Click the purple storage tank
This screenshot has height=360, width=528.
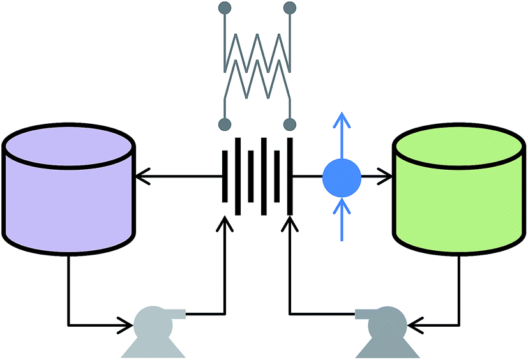point(69,191)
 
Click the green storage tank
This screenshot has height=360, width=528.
point(458,191)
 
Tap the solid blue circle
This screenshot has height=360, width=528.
point(342,174)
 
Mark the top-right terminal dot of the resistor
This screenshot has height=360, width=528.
point(289,8)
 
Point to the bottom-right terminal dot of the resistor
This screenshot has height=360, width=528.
point(289,123)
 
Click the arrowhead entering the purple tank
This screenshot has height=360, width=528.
point(142,174)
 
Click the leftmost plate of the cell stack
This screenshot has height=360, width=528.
point(225,175)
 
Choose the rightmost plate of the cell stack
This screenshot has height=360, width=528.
point(290,175)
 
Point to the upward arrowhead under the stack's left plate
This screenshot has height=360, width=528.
point(225,224)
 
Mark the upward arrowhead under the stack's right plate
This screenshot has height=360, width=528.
point(290,224)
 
